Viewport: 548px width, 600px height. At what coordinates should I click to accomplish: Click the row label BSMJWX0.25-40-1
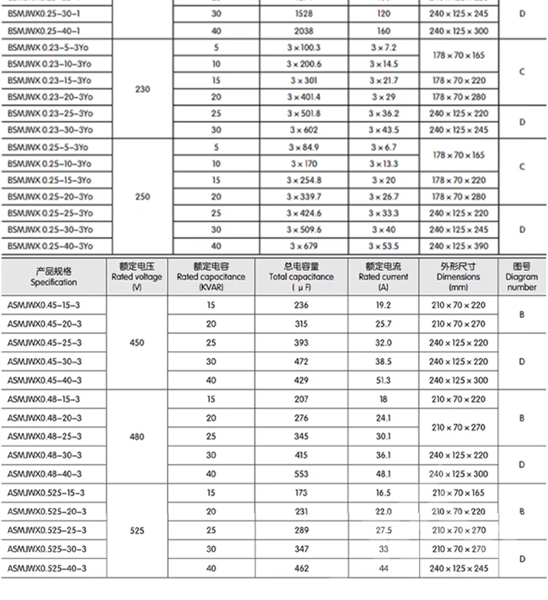click(44, 31)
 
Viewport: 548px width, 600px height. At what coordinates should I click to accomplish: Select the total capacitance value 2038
click(303, 31)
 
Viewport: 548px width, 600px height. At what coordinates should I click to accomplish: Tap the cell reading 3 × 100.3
click(303, 48)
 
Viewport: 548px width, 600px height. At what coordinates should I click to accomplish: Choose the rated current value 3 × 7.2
click(384, 48)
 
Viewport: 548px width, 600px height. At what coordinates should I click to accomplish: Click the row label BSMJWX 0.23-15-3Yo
click(49, 80)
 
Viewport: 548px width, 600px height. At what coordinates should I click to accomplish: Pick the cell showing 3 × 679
click(303, 246)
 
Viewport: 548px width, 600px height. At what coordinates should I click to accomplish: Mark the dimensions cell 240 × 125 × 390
click(459, 246)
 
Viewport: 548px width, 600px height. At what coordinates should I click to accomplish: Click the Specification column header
click(53, 277)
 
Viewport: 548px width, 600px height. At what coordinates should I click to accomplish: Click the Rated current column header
click(384, 277)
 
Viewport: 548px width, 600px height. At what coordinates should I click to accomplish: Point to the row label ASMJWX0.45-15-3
click(44, 305)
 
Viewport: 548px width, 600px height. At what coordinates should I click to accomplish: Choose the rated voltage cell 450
click(137, 343)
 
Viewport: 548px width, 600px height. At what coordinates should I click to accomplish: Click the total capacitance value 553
click(300, 474)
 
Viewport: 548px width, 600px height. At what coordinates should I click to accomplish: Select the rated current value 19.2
click(384, 305)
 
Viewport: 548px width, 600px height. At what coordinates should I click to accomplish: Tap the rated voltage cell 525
click(137, 531)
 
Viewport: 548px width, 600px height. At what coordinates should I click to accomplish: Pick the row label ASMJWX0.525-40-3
click(46, 568)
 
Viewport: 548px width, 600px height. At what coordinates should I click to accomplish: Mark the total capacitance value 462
click(300, 568)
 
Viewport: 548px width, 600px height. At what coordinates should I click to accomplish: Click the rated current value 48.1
click(384, 474)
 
